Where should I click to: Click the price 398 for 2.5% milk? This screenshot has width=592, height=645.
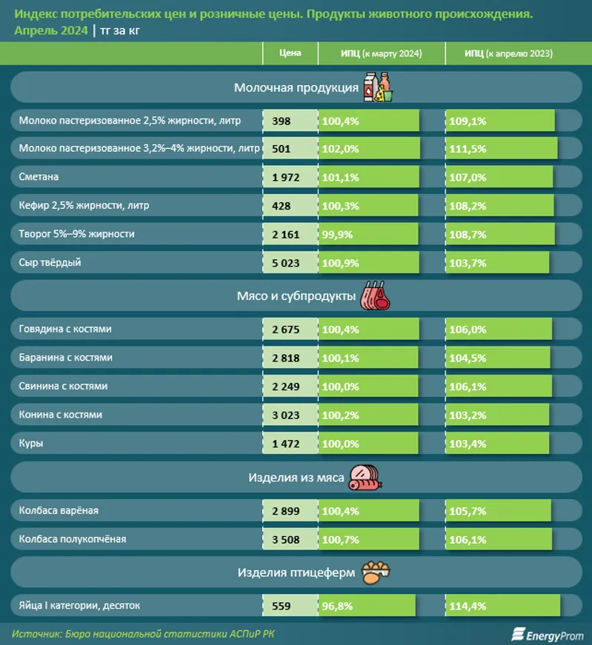(282, 121)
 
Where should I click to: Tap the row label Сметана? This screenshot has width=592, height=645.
(39, 177)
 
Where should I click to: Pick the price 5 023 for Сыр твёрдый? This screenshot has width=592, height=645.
(286, 262)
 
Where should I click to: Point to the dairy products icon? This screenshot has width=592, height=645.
(377, 87)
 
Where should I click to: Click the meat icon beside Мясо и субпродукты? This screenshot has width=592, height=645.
(376, 296)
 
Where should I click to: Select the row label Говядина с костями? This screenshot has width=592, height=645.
(65, 329)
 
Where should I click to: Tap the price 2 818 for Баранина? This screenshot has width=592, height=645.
(286, 358)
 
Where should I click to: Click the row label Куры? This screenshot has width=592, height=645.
(31, 443)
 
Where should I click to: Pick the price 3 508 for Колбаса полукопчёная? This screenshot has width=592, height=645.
(286, 539)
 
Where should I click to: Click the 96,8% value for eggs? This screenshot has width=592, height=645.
(338, 606)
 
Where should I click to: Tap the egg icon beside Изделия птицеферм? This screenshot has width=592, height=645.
(376, 572)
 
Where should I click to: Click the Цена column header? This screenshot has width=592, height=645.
(290, 53)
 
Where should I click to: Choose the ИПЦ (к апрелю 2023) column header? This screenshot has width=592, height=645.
(508, 53)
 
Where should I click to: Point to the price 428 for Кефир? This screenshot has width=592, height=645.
(282, 206)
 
